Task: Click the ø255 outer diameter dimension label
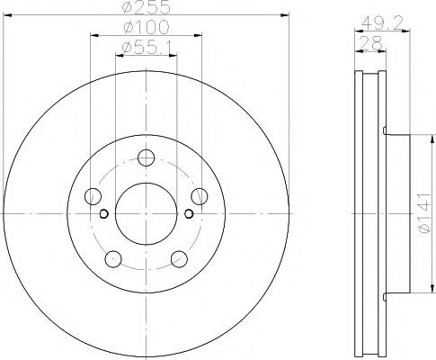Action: (147, 7)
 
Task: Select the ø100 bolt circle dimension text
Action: (147, 27)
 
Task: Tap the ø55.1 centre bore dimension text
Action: (147, 47)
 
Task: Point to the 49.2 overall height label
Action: (381, 22)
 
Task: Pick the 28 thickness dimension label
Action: (370, 43)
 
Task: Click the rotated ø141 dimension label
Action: (425, 213)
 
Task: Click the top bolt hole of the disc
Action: (146, 157)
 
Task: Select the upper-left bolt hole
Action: (93, 196)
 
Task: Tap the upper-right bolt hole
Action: (200, 196)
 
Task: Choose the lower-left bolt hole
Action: (113, 259)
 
